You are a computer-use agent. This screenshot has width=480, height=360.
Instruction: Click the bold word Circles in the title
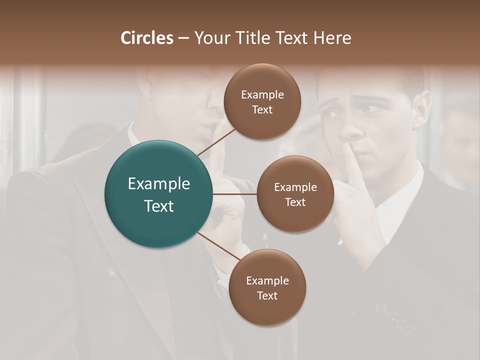146,38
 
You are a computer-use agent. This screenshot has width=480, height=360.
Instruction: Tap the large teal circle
158,194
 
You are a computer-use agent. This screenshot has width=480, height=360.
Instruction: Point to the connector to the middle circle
235,194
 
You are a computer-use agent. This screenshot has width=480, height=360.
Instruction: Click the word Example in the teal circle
158,184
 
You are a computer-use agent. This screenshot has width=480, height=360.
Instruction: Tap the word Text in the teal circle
158,206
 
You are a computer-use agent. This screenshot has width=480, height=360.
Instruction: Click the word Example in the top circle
262,95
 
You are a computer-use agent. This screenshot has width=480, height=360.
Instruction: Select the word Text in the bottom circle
267,295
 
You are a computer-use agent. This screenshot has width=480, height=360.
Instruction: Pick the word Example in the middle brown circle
295,187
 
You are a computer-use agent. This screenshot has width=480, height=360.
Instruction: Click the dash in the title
183,38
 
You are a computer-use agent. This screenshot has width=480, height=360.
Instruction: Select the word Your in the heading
210,38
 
